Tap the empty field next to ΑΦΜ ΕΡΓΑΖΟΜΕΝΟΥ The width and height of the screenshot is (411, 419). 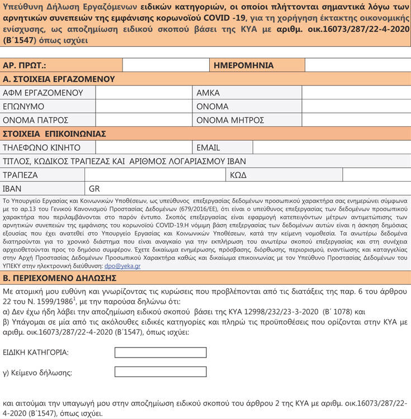144,93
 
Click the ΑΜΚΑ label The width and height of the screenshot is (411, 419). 208,93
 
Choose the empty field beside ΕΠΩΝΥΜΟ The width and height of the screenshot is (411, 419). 144,106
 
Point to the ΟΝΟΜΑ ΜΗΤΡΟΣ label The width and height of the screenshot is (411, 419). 230,120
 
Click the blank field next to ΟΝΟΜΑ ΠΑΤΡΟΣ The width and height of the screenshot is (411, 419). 144,120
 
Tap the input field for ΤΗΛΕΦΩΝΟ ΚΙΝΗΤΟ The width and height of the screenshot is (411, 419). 144,147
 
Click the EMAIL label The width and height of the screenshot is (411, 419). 208,147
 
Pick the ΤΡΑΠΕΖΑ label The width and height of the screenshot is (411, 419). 20,175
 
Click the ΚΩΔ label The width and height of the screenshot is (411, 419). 238,175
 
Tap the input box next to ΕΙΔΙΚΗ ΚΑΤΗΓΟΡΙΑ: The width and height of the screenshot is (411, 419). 160,353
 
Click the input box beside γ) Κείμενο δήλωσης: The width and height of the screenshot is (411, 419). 160,372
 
